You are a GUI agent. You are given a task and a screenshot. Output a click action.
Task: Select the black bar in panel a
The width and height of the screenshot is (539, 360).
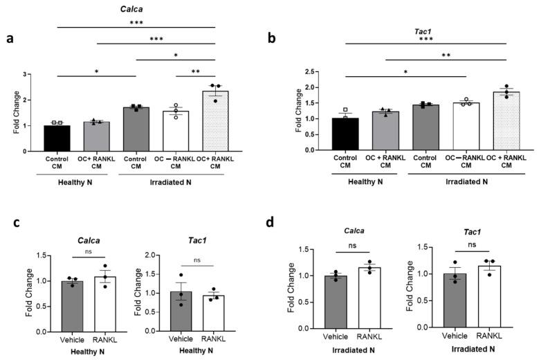tap(57, 138)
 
